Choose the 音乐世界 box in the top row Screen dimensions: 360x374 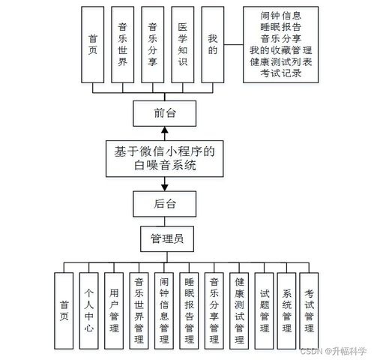click(x=123, y=44)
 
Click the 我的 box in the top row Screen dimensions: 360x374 click(x=213, y=44)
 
